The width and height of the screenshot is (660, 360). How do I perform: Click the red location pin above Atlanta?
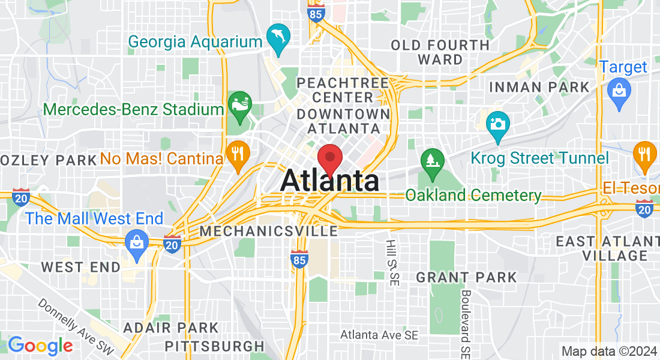(x=329, y=158)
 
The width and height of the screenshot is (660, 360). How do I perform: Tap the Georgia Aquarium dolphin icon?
(x=278, y=37)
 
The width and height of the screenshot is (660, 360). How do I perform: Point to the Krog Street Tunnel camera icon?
(x=497, y=124)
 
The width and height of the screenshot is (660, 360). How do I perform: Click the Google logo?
(x=40, y=346)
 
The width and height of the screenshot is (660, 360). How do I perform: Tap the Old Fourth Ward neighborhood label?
(x=440, y=52)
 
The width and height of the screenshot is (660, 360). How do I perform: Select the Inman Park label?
(x=539, y=87)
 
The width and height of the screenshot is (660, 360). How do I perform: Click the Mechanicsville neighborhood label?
(x=269, y=231)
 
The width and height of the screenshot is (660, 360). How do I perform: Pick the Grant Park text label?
(x=466, y=277)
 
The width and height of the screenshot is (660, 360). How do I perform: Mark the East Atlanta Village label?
(x=607, y=248)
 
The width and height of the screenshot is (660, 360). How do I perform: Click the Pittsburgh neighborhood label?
(x=214, y=346)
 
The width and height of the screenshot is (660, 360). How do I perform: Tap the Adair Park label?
(x=171, y=328)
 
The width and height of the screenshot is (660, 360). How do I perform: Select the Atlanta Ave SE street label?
(x=379, y=335)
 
